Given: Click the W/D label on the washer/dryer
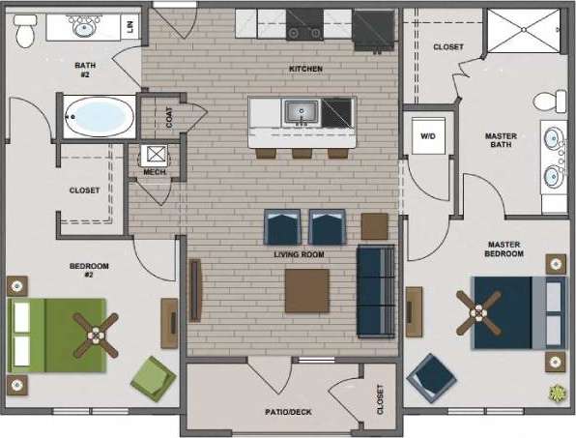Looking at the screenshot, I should pyautogui.click(x=427, y=136).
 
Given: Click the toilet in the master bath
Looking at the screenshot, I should pyautogui.click(x=553, y=101).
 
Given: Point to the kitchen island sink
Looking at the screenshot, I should pyautogui.click(x=300, y=112).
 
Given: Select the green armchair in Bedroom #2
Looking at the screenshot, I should pyautogui.click(x=153, y=377).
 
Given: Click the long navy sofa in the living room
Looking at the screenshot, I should pyautogui.click(x=375, y=290).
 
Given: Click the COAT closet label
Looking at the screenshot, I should pyautogui.click(x=170, y=118).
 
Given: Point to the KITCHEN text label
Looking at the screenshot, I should pyautogui.click(x=305, y=70).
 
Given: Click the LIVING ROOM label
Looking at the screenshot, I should pyautogui.click(x=299, y=254).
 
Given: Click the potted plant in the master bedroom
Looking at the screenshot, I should pyautogui.click(x=557, y=393).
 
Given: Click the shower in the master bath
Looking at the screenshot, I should pyautogui.click(x=522, y=30).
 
